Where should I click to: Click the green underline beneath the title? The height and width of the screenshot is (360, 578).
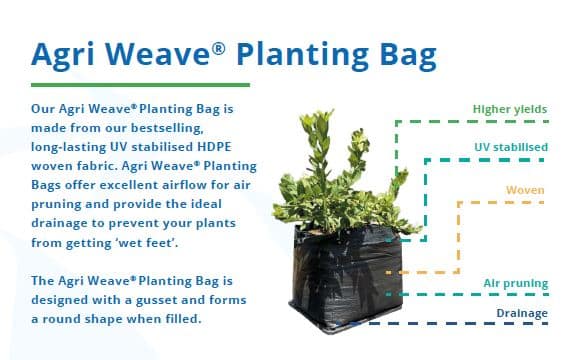[140, 85]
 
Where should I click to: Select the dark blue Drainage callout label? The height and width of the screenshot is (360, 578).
[522, 313]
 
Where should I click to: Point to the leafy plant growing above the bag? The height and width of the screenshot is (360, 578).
[330, 180]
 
